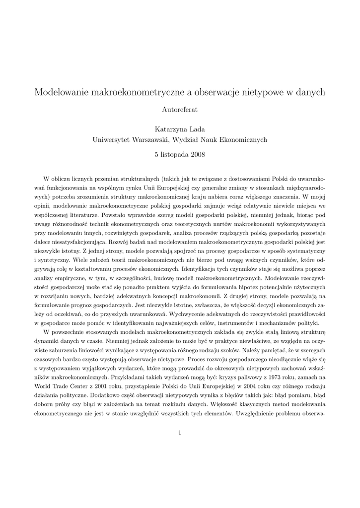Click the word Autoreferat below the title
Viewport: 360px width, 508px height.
[180, 108]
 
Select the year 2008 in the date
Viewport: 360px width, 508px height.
[196, 155]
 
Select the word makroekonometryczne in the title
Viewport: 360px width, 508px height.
[133, 92]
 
